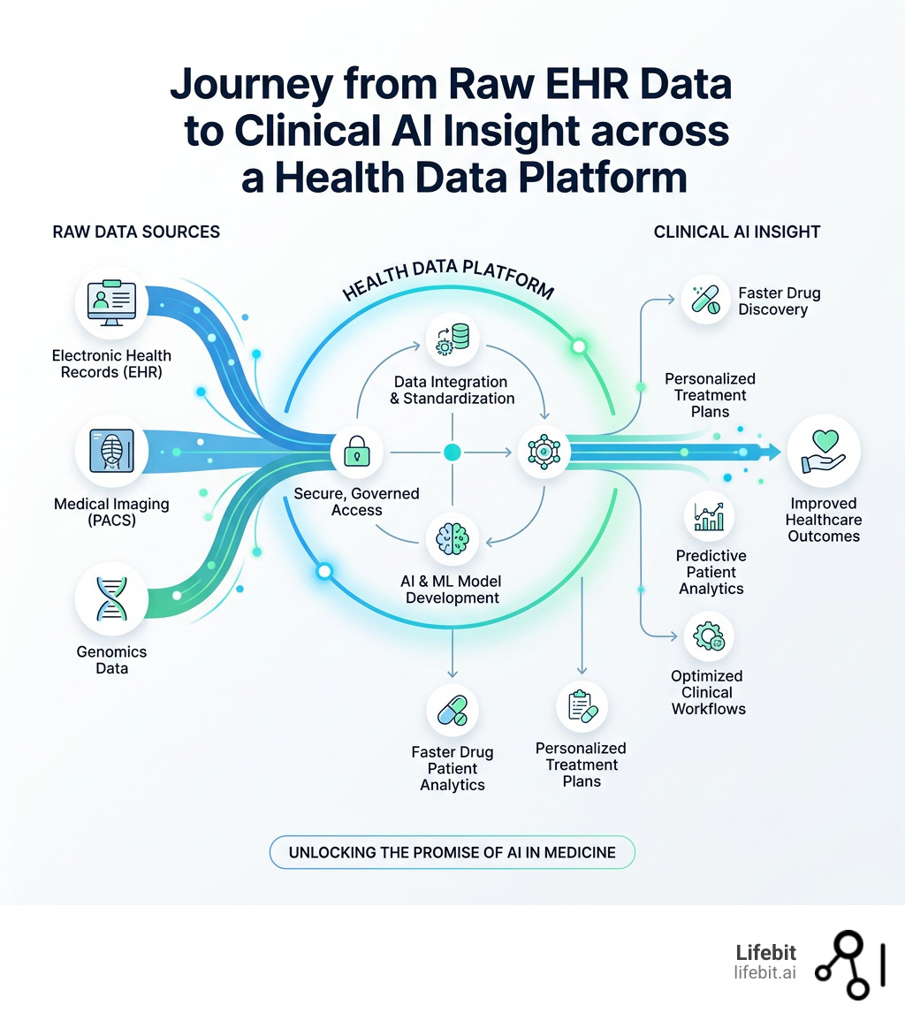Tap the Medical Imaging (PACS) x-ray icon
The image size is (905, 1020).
point(111,452)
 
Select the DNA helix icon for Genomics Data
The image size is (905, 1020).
point(111,599)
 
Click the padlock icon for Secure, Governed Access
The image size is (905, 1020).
point(356,452)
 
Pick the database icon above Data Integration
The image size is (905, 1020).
point(452,339)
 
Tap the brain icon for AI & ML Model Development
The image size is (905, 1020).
point(452,539)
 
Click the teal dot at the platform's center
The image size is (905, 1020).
point(452,452)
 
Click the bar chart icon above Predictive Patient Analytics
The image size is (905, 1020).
point(709,515)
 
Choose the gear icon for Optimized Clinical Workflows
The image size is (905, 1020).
point(709,637)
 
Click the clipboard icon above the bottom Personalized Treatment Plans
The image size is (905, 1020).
point(582,706)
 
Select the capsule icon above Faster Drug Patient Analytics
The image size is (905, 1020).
point(452,711)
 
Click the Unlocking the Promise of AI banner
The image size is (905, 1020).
point(452,853)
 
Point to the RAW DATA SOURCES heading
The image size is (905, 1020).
point(136,232)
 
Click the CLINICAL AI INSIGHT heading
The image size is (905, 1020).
point(737,232)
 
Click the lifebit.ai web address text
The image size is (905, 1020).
point(764,972)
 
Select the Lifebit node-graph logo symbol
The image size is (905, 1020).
point(848,965)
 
